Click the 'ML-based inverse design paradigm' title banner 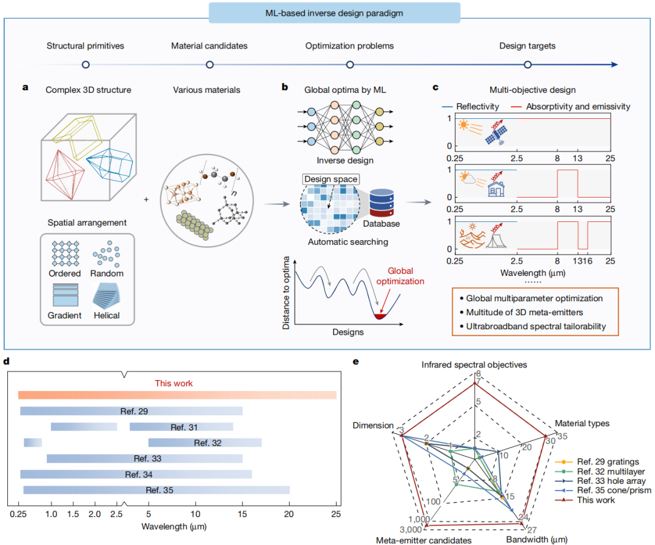tap(334, 13)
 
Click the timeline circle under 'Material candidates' tap(210, 64)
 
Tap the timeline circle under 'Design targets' tap(528, 64)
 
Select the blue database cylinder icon tap(381, 203)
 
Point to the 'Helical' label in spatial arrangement tap(107, 315)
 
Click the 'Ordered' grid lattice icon tap(65, 253)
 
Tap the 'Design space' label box tap(331, 179)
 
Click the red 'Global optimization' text tap(400, 276)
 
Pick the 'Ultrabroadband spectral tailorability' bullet tap(532, 326)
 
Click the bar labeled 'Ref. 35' tap(156, 490)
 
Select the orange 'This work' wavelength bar tap(177, 395)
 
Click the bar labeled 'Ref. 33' tap(144, 458)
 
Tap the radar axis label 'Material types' tap(582, 424)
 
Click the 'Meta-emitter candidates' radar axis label tap(423, 540)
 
